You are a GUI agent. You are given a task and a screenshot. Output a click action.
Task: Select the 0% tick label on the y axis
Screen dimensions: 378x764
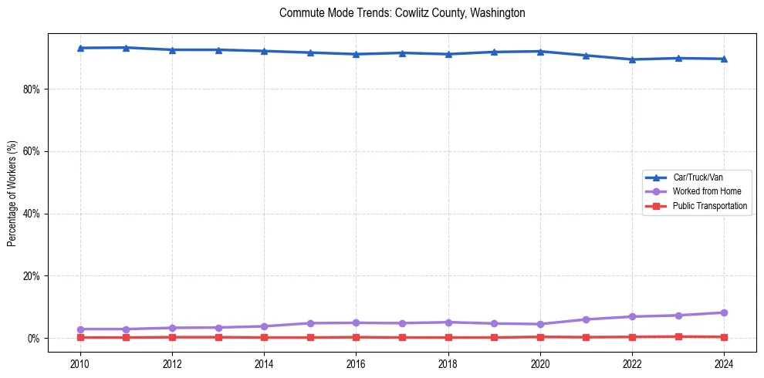click(x=33, y=338)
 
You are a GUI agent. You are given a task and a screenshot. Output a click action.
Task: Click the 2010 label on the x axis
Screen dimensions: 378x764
click(x=80, y=363)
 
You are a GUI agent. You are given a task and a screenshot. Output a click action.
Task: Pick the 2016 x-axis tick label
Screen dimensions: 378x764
click(x=356, y=363)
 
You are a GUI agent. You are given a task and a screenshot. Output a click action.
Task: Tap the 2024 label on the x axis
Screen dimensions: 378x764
click(x=724, y=363)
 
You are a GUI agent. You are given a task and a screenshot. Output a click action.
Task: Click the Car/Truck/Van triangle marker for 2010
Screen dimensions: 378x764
click(x=80, y=48)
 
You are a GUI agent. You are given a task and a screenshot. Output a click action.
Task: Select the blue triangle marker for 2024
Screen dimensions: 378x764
click(x=724, y=59)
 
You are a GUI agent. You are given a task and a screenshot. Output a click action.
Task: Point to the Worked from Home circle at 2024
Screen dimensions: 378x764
click(x=724, y=312)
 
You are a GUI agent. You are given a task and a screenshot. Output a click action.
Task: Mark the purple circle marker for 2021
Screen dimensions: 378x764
click(x=586, y=319)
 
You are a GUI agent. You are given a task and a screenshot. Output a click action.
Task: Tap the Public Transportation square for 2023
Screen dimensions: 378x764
click(x=678, y=336)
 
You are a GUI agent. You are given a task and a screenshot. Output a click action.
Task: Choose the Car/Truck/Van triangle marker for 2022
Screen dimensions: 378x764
click(x=632, y=59)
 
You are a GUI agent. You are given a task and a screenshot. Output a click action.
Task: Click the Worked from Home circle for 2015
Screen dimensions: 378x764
click(x=310, y=323)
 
